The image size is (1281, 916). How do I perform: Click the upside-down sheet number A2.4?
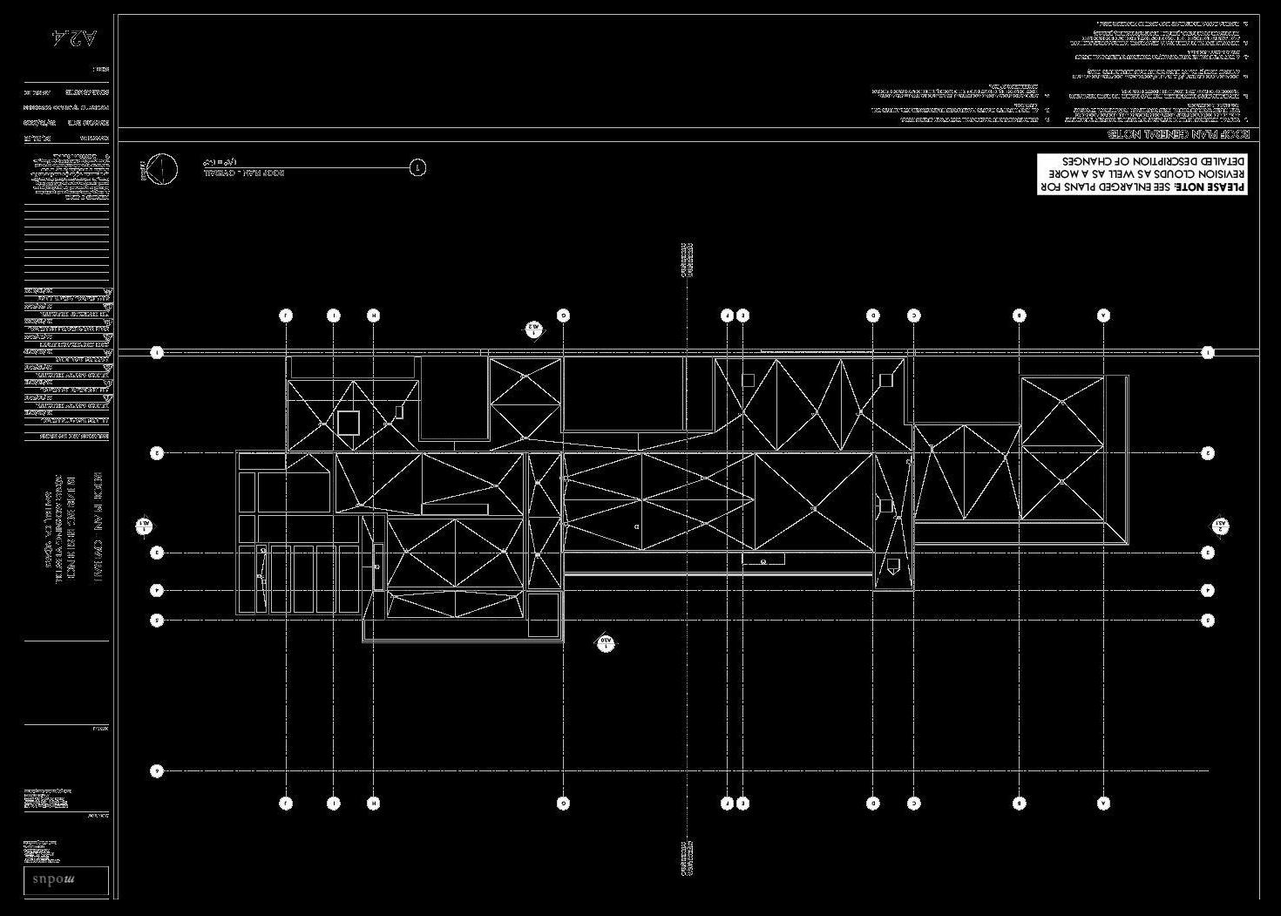[x=75, y=37]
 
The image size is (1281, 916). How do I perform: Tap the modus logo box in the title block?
[x=66, y=879]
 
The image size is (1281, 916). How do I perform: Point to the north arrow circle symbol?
[x=161, y=169]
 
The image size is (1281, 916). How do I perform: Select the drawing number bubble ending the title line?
[x=418, y=167]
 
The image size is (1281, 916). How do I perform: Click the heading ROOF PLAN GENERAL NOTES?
[x=1178, y=134]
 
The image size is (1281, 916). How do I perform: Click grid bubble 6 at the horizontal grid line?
[x=158, y=770]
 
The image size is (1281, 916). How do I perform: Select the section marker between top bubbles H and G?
[x=534, y=329]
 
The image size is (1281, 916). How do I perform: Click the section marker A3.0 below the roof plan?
[x=606, y=643]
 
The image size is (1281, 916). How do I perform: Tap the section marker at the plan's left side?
[x=145, y=526]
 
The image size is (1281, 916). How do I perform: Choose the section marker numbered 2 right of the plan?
[x=1221, y=526]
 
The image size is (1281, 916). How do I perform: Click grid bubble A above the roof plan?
[x=1104, y=316]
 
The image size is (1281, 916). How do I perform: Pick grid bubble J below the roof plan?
[x=286, y=804]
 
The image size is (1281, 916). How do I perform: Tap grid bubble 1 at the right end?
[x=1208, y=353]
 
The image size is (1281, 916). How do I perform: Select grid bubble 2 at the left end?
[x=158, y=453]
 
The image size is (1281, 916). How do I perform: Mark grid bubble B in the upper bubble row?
[x=1020, y=316]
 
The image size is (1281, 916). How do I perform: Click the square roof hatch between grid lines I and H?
[x=349, y=423]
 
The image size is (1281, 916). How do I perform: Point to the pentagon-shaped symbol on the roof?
[x=892, y=568]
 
